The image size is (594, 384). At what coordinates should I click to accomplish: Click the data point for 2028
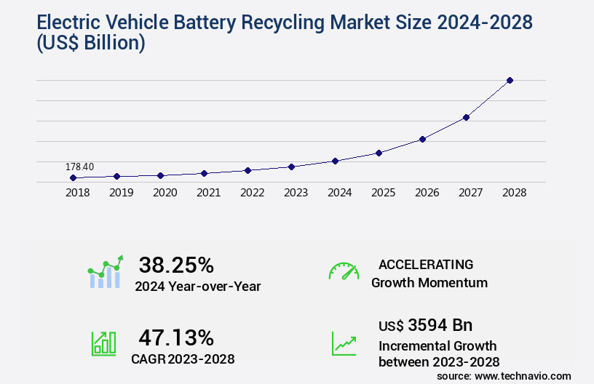pyautogui.click(x=510, y=80)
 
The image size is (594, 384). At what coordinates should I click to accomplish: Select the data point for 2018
pyautogui.click(x=73, y=177)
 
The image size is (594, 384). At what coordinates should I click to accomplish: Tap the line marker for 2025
pyautogui.click(x=379, y=153)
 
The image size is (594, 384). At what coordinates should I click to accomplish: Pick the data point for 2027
pyautogui.click(x=466, y=117)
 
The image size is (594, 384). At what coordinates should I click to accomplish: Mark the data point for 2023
pyautogui.click(x=291, y=167)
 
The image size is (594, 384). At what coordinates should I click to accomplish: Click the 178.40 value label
pyautogui.click(x=79, y=167)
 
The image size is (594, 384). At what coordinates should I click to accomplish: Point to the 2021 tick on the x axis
pyautogui.click(x=208, y=193)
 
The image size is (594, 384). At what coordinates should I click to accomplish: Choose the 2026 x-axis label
pyautogui.click(x=427, y=193)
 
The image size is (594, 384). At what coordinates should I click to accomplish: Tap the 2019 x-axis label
pyautogui.click(x=121, y=193)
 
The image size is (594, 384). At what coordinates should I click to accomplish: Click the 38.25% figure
pyautogui.click(x=176, y=264)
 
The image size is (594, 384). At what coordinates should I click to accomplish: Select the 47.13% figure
pyautogui.click(x=176, y=337)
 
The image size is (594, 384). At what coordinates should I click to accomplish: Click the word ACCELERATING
pyautogui.click(x=426, y=264)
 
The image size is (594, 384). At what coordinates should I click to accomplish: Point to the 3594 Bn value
pyautogui.click(x=443, y=324)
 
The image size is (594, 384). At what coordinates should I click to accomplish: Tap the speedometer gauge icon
pyautogui.click(x=344, y=271)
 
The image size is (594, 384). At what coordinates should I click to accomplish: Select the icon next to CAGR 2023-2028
pyautogui.click(x=103, y=343)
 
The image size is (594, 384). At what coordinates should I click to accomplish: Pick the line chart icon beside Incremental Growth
pyautogui.click(x=344, y=343)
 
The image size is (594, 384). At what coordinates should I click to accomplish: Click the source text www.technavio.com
pyautogui.click(x=522, y=375)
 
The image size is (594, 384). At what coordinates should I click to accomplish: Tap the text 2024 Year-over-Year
pyautogui.click(x=197, y=286)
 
